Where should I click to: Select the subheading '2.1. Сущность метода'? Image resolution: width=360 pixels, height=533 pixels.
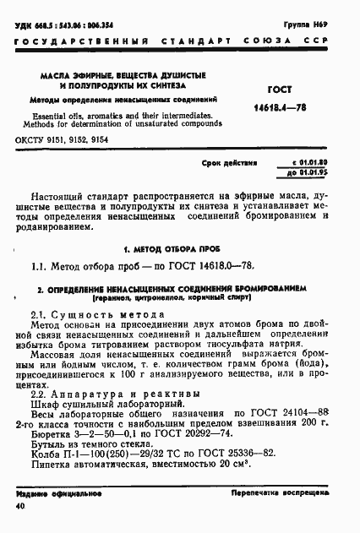click(83, 314)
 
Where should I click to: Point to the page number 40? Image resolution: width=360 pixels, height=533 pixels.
click(19, 506)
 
